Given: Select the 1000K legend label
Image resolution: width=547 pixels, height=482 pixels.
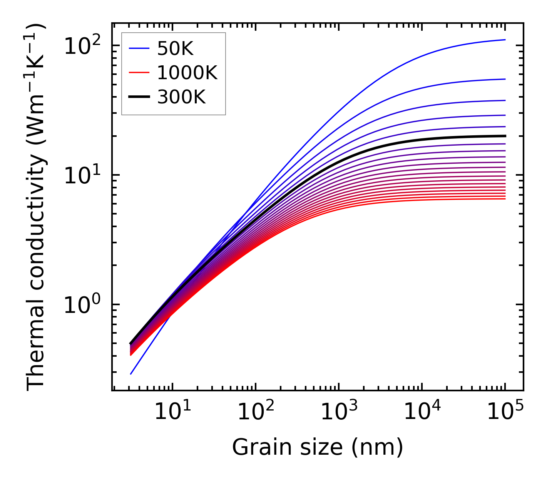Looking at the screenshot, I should [x=187, y=73].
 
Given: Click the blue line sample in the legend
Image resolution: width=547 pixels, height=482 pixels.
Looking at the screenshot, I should [x=139, y=48].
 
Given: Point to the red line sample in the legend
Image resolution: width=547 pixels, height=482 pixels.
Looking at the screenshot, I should [x=139, y=73].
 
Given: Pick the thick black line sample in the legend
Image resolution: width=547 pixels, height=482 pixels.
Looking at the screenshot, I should [x=139, y=97].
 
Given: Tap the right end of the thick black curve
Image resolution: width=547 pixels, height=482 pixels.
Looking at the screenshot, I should [x=505, y=136].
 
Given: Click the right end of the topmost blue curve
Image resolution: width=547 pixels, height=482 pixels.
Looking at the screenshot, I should [x=505, y=40].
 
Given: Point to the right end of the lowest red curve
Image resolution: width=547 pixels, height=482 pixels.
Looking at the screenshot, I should [x=505, y=198].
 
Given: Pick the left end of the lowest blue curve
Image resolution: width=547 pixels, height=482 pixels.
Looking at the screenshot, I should [x=131, y=374].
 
